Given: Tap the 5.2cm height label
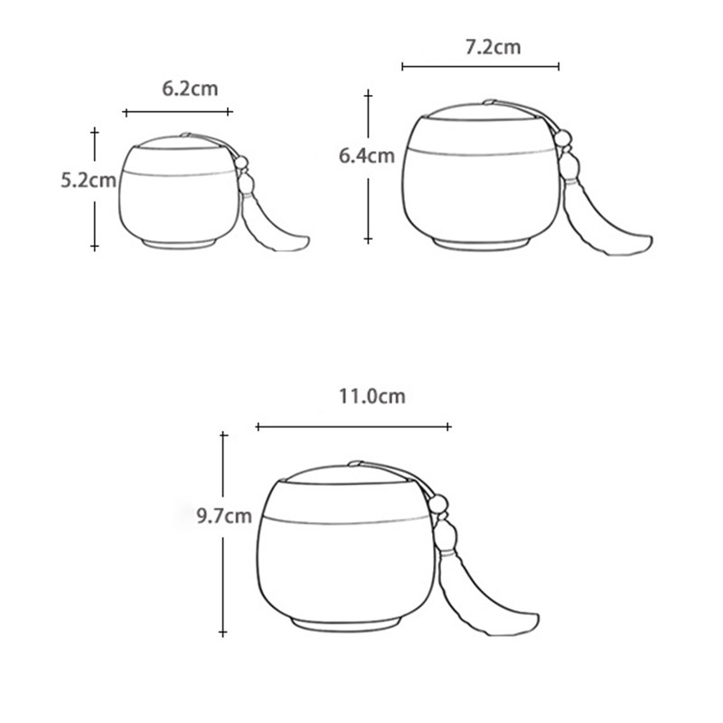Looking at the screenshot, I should pos(88,180).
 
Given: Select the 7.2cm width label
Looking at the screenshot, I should pos(493,47).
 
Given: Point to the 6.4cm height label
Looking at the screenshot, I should pos(366,155).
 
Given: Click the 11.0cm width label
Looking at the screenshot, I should pos(371,396).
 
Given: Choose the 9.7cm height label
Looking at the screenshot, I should pos(223,517).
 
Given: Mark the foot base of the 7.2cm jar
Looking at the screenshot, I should pos(479,244).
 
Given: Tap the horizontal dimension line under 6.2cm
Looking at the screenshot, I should pos(177,111).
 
